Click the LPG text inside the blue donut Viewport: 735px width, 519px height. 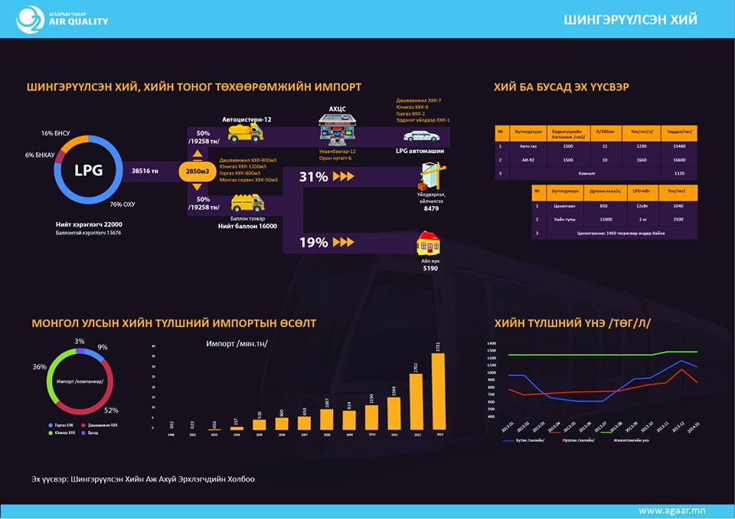click(88, 171)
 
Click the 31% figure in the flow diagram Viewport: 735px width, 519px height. click(313, 177)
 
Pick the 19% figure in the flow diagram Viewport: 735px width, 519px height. click(313, 243)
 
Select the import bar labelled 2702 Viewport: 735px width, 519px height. click(416, 401)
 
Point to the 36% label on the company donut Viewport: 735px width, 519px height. click(39, 367)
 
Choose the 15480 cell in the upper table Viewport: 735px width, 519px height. click(674, 145)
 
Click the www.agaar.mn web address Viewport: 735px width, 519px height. click(671, 510)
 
